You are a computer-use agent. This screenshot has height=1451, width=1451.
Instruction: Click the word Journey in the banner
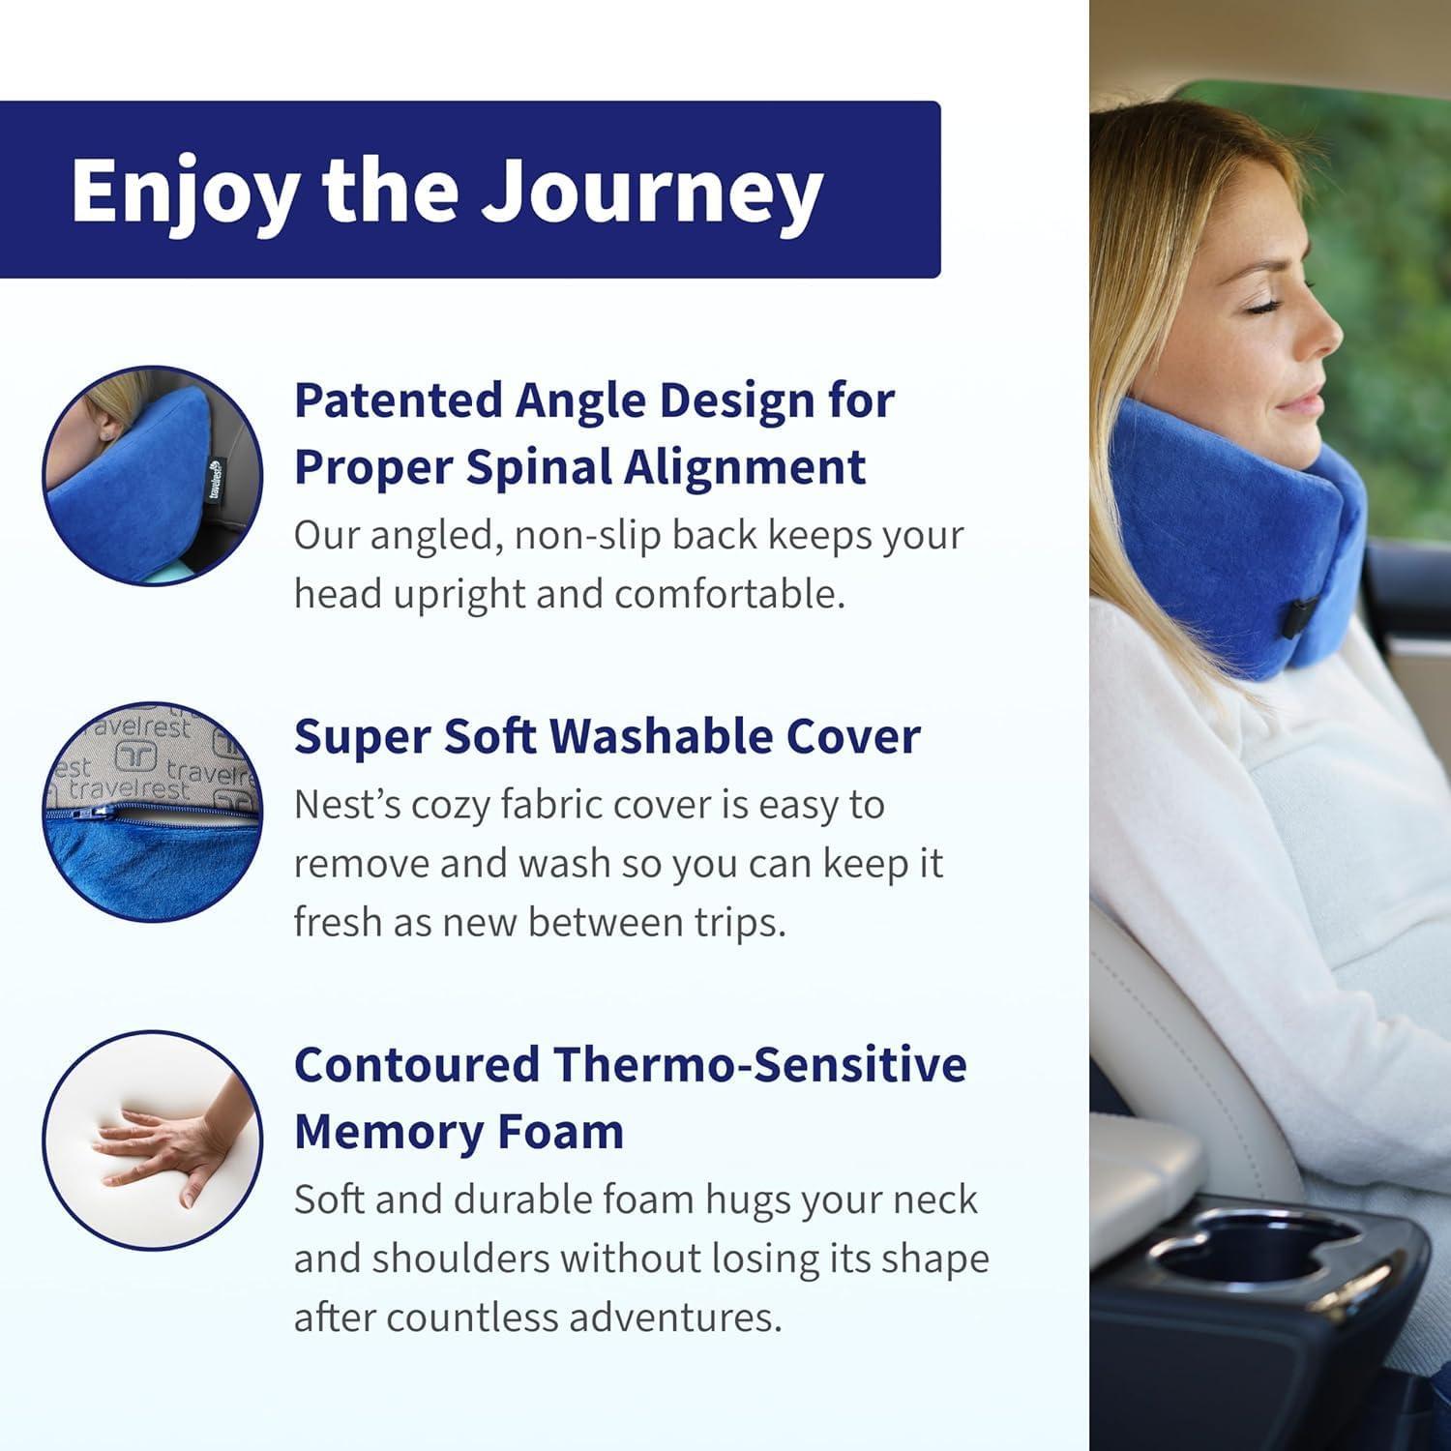point(652,191)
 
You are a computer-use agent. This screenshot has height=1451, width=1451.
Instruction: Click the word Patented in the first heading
point(399,400)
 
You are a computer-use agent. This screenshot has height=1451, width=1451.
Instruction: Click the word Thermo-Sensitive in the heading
point(759,1065)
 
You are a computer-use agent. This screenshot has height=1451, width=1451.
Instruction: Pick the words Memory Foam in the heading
point(459,1132)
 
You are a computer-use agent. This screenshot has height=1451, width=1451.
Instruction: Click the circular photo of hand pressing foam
point(153,1140)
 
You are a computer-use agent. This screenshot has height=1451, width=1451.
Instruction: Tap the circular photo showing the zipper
point(153,812)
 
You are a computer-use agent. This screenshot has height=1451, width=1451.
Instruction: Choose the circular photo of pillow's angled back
point(153,475)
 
